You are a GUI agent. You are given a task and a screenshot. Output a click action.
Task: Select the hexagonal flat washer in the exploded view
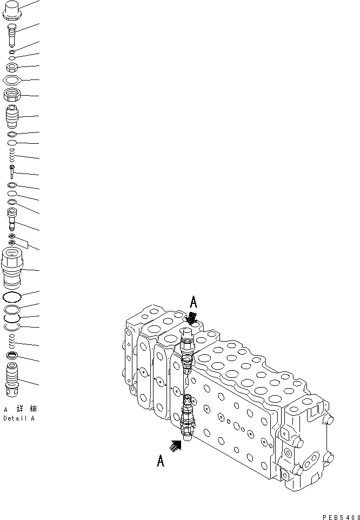click(13, 80)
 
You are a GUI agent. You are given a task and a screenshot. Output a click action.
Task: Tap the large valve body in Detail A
click(13, 268)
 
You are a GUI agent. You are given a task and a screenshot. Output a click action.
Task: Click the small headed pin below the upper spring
click(12, 172)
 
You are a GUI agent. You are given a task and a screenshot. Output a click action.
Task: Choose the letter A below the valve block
click(161, 461)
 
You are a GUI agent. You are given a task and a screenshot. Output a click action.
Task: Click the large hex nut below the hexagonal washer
click(13, 96)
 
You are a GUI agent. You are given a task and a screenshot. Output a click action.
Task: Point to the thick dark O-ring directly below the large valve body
click(12, 297)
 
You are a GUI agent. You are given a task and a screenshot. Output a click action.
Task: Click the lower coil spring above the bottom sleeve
click(13, 341)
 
